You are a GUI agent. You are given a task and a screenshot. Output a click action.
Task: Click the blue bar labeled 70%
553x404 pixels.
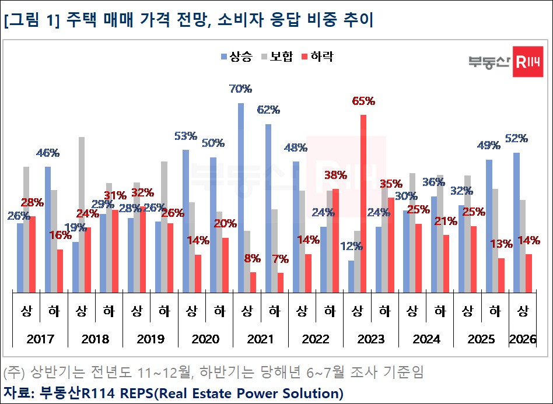pos(240,197)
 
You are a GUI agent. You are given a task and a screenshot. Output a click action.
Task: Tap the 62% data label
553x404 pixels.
pos(269,109)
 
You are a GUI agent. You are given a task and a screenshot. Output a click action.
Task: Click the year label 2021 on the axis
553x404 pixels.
pos(261,339)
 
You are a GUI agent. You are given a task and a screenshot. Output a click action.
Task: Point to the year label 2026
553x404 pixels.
pos(523,339)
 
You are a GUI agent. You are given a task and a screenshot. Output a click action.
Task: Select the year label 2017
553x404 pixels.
pos(40,339)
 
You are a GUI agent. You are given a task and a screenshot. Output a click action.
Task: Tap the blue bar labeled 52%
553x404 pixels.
pos(516,222)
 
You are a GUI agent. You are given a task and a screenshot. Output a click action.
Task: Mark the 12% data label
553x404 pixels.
pos(351,246)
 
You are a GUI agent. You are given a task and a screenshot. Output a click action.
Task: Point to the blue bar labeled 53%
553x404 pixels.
pos(185,220)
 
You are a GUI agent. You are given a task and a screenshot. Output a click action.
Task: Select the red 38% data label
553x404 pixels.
pos(335,174)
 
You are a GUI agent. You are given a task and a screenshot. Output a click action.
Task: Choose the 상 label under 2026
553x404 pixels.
pos(523,311)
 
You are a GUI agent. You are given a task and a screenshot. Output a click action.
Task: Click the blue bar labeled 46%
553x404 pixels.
pos(48,229)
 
